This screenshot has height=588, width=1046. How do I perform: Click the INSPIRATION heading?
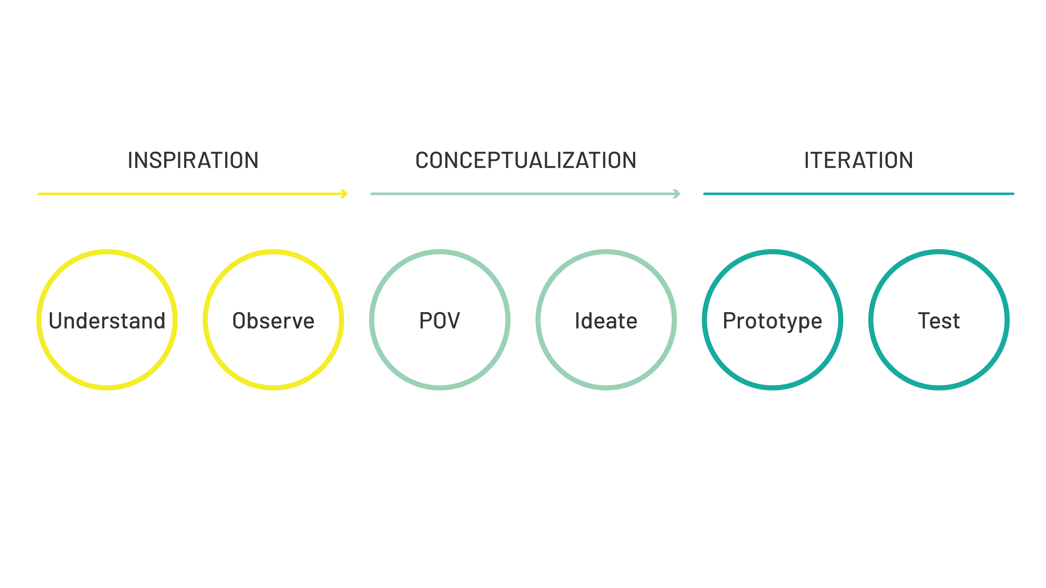pyautogui.click(x=193, y=160)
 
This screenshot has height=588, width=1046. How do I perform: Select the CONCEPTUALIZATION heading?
pyautogui.click(x=526, y=160)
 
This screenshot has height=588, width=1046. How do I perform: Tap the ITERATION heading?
pyautogui.click(x=858, y=160)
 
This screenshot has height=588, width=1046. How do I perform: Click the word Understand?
pyautogui.click(x=107, y=320)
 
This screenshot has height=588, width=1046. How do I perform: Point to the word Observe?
pyautogui.click(x=273, y=320)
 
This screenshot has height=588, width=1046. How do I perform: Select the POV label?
pyautogui.click(x=439, y=320)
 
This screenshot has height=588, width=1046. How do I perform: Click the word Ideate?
pyautogui.click(x=606, y=320)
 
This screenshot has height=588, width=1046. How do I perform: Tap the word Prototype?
pyautogui.click(x=772, y=320)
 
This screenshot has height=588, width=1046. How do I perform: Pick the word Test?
pyautogui.click(x=939, y=320)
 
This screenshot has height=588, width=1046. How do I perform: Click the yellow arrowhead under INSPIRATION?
pyautogui.click(x=344, y=194)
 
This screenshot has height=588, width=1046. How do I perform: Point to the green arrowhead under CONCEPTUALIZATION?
pyautogui.click(x=677, y=194)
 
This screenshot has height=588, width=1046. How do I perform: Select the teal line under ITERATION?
pyautogui.click(x=858, y=194)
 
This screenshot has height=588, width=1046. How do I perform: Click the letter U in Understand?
pyautogui.click(x=56, y=320)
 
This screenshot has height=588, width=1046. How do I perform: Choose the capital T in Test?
pyautogui.click(x=925, y=320)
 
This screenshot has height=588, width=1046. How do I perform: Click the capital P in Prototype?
pyautogui.click(x=729, y=320)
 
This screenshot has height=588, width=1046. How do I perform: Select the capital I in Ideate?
pyautogui.click(x=577, y=320)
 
